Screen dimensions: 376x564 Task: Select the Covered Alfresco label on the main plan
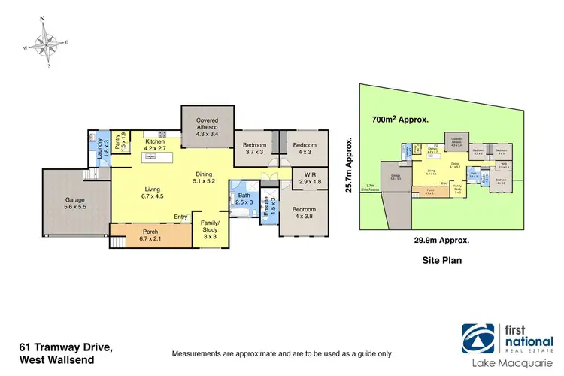click(x=207, y=125)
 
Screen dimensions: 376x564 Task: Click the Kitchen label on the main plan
click(x=155, y=144)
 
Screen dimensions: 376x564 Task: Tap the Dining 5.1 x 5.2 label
click(x=205, y=177)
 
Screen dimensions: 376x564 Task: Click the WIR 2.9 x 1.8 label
click(x=305, y=178)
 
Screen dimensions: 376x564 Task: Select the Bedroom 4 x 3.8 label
click(x=305, y=212)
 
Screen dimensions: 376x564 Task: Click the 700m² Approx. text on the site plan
click(x=400, y=120)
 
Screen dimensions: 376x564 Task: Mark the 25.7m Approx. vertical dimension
click(x=350, y=164)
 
